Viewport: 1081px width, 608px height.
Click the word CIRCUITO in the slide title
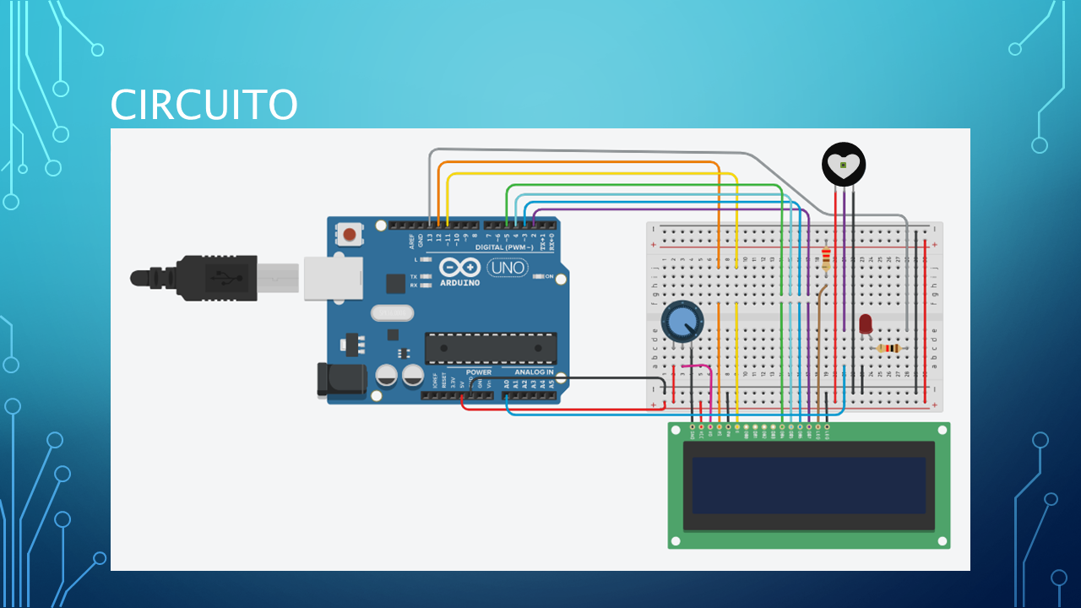(204, 105)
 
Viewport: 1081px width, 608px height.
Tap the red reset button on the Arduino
(349, 232)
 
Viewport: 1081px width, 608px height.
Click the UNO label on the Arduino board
(507, 269)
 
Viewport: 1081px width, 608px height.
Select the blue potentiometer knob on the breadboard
(681, 323)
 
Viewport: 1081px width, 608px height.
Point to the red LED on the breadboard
(865, 323)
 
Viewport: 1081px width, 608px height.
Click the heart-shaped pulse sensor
(844, 166)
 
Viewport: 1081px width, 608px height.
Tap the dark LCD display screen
(809, 486)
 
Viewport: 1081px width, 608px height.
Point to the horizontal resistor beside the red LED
(889, 348)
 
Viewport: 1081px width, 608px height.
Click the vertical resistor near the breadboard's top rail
(826, 258)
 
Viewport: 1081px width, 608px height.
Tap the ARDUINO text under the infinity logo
(459, 283)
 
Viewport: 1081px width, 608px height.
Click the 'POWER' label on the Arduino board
(478, 372)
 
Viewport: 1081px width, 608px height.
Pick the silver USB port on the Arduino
(333, 277)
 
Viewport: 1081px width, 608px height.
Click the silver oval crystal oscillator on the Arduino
(393, 313)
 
